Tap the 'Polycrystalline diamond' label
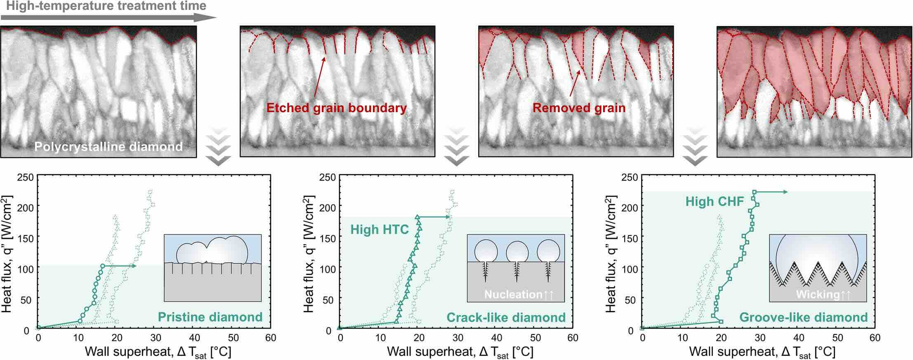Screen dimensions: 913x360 coord(109,147)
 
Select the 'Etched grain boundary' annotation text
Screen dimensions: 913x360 coord(337,108)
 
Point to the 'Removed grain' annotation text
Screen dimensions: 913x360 coord(579,108)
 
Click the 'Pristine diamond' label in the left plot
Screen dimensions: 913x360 coord(210,317)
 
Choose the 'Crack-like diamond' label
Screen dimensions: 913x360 coord(506,317)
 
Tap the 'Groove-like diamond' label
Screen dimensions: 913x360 coord(804,317)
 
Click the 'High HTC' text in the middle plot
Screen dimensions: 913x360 coord(380,229)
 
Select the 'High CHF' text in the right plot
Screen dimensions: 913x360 coord(715,201)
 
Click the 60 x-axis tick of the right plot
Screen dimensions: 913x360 coord(875,338)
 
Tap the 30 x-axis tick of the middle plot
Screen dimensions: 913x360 coord(458,338)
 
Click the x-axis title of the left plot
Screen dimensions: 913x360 coord(158,352)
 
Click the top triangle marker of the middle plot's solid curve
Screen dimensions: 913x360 coord(417,216)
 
